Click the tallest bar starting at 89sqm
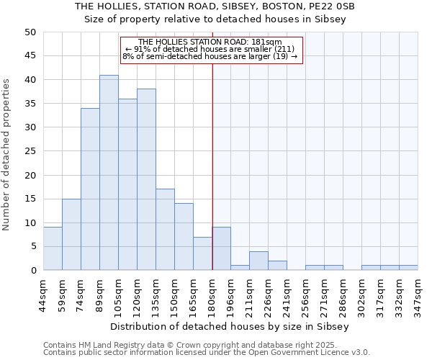tap(109, 173)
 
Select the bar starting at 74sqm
tap(90, 189)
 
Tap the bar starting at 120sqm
tap(146, 179)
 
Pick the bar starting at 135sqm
tap(165, 230)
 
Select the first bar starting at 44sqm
tap(53, 248)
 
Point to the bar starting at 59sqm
tap(71, 235)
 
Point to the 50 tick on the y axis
tap(30, 32)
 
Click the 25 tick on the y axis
tap(30, 151)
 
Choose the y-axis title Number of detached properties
tap(7, 151)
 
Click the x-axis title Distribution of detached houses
tap(230, 326)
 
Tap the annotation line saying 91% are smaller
tap(210, 49)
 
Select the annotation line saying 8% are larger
tap(210, 56)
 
